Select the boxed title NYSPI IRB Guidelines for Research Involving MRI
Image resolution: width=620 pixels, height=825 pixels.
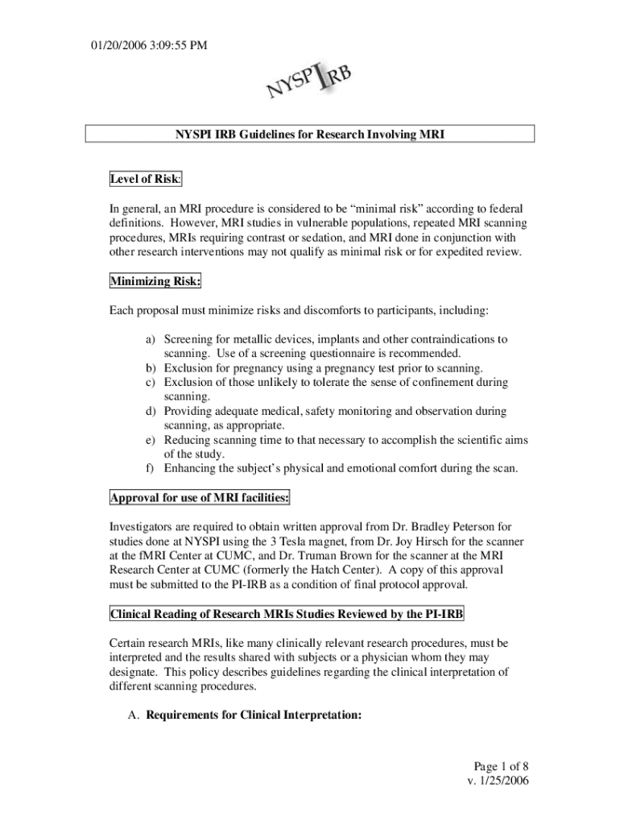(x=310, y=135)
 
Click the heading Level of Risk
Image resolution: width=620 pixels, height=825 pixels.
(x=146, y=177)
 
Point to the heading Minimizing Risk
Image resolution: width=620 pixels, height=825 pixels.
(x=155, y=281)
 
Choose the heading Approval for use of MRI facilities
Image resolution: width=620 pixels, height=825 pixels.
(x=200, y=497)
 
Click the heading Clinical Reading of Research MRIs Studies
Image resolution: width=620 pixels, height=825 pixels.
(x=286, y=616)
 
